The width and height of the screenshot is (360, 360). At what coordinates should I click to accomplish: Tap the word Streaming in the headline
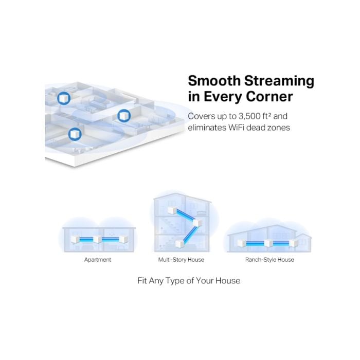tap(279, 81)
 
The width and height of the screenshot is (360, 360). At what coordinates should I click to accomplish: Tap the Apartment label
tap(98, 260)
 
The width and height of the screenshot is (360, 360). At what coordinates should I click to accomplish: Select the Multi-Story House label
tap(181, 260)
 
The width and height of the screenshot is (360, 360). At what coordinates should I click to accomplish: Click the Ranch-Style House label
tap(269, 260)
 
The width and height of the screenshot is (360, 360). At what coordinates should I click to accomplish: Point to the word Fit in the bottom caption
tap(142, 281)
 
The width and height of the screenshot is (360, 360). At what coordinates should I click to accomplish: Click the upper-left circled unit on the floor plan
tap(64, 98)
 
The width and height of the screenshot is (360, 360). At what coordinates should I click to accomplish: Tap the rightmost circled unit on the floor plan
tap(124, 116)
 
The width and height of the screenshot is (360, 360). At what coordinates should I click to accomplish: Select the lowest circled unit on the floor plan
tap(75, 134)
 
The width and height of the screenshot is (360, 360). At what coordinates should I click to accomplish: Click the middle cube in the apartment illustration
tap(97, 239)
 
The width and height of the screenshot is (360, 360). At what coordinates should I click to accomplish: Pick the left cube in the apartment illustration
tap(75, 239)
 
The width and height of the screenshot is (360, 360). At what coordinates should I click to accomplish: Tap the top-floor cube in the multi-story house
tap(172, 210)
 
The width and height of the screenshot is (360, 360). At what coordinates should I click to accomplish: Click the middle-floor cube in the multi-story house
tap(197, 223)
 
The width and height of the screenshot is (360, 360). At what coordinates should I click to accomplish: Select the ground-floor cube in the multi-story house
tap(179, 244)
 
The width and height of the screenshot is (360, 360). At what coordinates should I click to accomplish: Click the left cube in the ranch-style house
tap(242, 243)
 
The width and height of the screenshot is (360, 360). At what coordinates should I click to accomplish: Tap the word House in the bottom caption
tap(228, 281)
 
